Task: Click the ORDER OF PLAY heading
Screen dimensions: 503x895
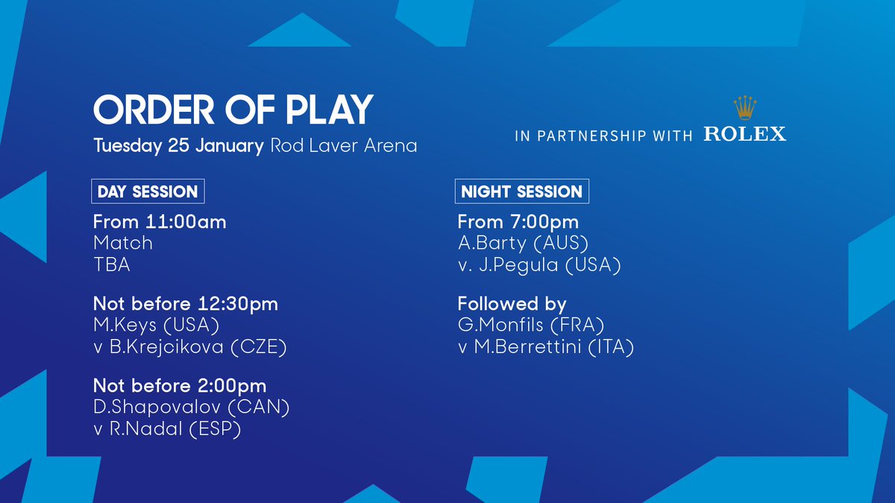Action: [232, 110]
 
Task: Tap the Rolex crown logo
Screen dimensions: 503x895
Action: [744, 109]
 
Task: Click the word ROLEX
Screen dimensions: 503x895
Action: [744, 134]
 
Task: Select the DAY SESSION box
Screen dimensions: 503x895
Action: [148, 192]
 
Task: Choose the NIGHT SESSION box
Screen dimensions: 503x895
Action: [521, 192]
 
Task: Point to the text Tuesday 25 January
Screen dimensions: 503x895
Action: [178, 145]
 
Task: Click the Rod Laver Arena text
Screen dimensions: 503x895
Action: [343, 145]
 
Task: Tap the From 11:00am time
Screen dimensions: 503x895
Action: [160, 221]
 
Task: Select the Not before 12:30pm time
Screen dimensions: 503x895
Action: [185, 304]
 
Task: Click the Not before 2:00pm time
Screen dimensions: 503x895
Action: [180, 386]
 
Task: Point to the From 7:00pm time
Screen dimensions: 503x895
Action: [518, 221]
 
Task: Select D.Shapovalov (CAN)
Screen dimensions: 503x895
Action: [191, 408]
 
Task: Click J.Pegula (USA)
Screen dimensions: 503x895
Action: [549, 265]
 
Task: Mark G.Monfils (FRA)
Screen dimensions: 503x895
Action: [530, 326]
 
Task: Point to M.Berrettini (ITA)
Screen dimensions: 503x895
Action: [553, 347]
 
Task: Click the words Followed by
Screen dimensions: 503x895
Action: [512, 304]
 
